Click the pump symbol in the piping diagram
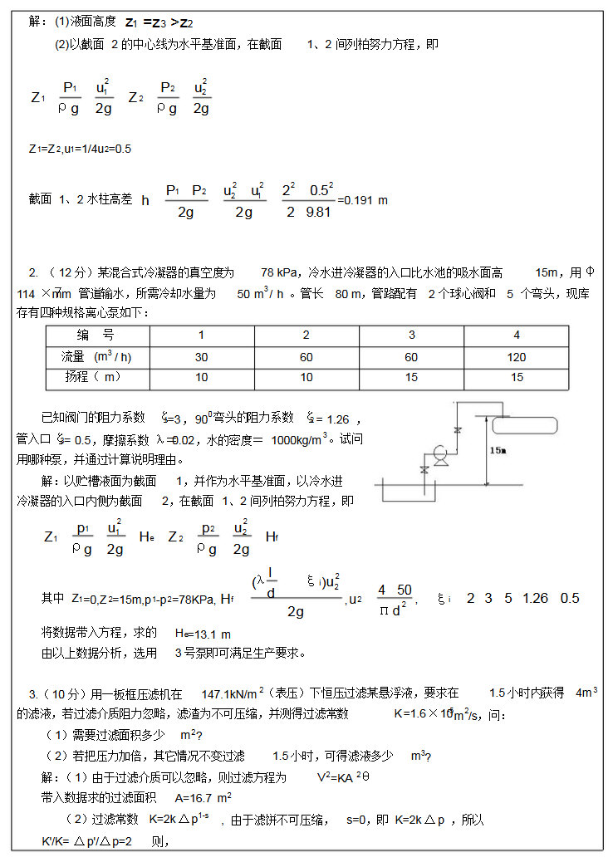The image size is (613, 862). pos(439,453)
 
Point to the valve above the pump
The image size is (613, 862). pos(458,429)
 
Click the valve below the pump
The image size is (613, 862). pos(425,470)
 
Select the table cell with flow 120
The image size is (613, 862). pos(517,357)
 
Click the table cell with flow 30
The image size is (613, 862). pos(201,357)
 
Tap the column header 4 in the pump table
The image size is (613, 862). pos(517,335)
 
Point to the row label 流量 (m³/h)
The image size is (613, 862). pos(97,357)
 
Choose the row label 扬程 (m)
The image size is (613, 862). pos(93,378)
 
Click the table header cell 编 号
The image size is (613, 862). pos(96,335)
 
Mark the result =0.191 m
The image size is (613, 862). pos(363,200)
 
